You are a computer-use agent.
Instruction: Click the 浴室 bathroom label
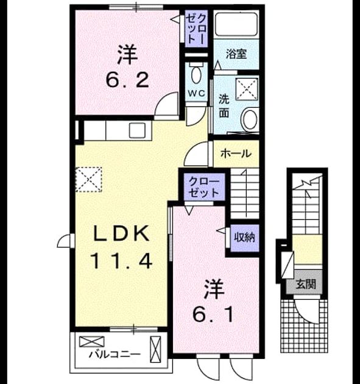(x=236, y=54)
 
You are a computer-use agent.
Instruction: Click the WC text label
(x=196, y=93)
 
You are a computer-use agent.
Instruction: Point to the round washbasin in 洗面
(x=249, y=119)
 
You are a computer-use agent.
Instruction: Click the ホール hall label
(x=236, y=154)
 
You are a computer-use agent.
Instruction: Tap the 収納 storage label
(x=244, y=237)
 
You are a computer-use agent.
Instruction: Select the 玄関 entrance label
(x=306, y=284)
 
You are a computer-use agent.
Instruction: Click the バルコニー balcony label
(x=115, y=354)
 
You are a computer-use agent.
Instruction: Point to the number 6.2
(x=127, y=81)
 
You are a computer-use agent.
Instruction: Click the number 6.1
(x=213, y=316)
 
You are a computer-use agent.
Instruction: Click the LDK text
(x=121, y=234)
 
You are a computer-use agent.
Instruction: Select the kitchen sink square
(x=137, y=130)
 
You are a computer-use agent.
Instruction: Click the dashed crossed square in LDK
(x=88, y=179)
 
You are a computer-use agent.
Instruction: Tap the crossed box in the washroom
(x=247, y=88)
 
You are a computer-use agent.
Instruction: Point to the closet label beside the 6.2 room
(x=196, y=28)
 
